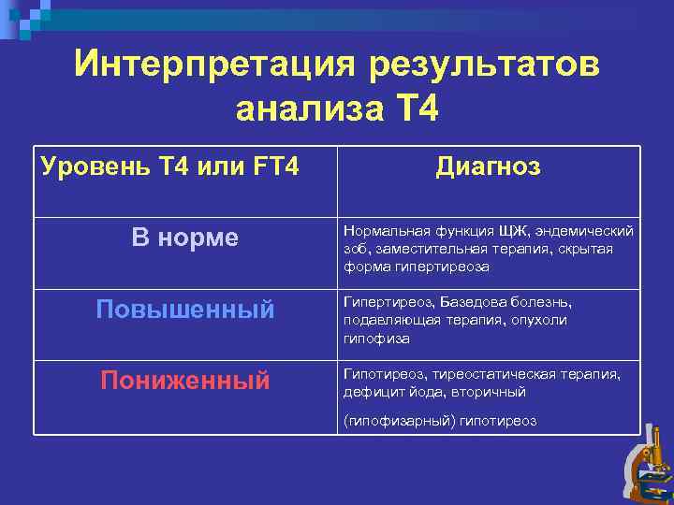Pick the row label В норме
click(x=185, y=238)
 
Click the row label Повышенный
click(x=185, y=310)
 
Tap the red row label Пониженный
click(x=185, y=380)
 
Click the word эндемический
click(x=586, y=231)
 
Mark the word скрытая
click(x=588, y=249)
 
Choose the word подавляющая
click(x=384, y=321)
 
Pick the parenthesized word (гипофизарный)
click(x=399, y=421)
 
